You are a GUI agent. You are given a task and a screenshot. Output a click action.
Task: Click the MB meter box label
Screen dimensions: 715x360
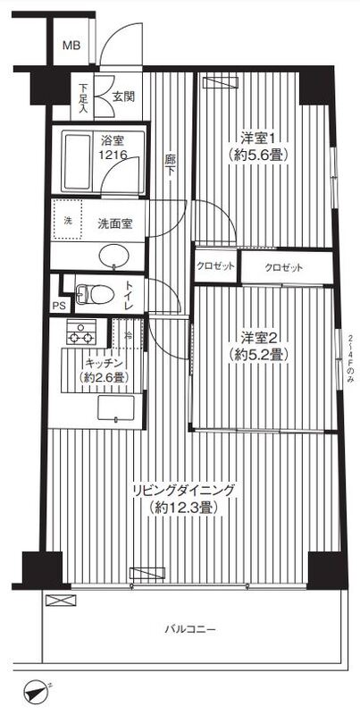click(x=71, y=46)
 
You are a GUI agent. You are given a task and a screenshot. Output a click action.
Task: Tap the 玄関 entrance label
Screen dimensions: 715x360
click(x=123, y=97)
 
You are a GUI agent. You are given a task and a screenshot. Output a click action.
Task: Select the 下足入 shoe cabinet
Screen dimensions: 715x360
click(x=82, y=97)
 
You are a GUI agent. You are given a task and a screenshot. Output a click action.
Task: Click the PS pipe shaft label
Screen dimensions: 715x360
click(x=59, y=307)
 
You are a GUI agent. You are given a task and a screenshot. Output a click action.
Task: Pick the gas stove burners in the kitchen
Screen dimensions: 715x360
click(x=80, y=337)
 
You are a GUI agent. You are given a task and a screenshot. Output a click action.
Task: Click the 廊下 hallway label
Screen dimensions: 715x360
click(x=171, y=166)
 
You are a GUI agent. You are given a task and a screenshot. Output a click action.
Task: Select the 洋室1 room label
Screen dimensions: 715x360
click(x=260, y=138)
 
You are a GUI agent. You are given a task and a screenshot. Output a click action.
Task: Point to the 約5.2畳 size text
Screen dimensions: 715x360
click(x=261, y=355)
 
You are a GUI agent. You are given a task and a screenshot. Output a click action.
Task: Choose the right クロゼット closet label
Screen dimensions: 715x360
click(x=284, y=268)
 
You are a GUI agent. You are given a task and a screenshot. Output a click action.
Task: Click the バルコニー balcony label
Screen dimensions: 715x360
click(x=189, y=629)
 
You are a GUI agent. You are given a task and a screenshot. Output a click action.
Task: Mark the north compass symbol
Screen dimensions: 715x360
click(x=37, y=693)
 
